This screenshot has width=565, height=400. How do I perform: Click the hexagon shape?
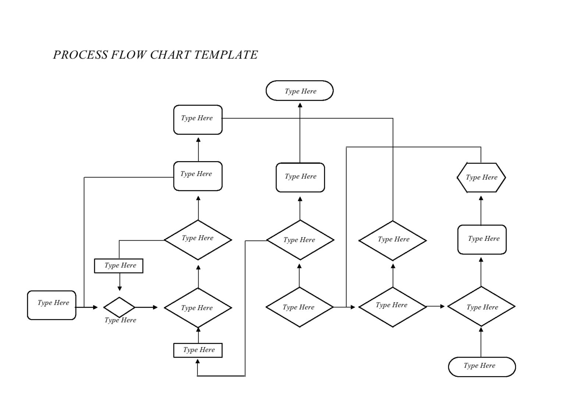click(x=481, y=177)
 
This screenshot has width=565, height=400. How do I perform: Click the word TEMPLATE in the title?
click(x=225, y=55)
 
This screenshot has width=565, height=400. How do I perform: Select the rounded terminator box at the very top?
click(x=299, y=91)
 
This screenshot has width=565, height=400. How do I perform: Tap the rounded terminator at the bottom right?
click(x=482, y=367)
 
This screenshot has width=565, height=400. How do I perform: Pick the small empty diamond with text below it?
click(x=119, y=307)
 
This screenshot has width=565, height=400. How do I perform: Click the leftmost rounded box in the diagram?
click(x=51, y=305)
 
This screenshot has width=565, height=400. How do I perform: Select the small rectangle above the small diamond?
click(x=118, y=266)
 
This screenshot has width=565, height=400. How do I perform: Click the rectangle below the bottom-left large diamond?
click(x=198, y=350)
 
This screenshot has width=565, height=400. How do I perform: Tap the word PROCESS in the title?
click(x=81, y=55)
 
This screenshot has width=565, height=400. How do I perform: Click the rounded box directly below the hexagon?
click(x=482, y=240)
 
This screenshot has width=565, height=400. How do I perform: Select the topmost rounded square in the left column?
click(x=198, y=120)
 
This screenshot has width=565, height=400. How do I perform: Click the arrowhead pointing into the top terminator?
click(x=300, y=105)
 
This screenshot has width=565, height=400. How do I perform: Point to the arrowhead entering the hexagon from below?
click(x=481, y=198)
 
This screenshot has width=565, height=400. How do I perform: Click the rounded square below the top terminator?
click(x=300, y=177)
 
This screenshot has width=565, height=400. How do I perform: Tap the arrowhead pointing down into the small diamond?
click(x=119, y=289)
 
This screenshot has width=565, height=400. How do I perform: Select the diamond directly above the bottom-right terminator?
click(x=481, y=307)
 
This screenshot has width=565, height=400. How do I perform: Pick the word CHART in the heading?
click(x=170, y=55)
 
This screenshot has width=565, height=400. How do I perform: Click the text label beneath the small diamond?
click(x=120, y=320)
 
